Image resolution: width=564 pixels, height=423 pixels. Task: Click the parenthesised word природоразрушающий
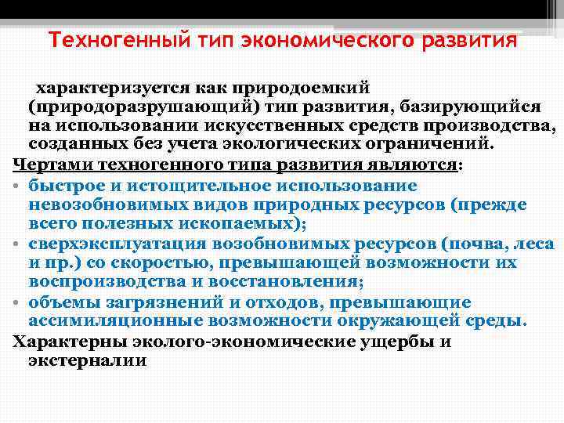point(140,106)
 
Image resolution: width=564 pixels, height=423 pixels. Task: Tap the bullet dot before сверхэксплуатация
point(17,244)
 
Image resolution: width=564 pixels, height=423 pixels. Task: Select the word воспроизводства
point(97,283)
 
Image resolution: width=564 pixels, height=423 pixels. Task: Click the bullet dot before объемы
point(17,303)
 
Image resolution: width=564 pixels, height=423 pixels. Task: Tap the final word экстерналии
point(88,361)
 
